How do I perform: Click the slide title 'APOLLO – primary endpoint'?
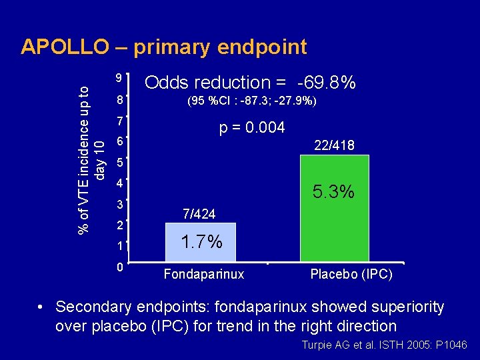(164, 47)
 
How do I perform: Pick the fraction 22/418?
(334, 145)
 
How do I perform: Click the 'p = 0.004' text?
(253, 127)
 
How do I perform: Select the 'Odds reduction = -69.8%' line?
(250, 83)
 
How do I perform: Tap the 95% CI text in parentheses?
(251, 102)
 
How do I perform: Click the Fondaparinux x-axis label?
(204, 274)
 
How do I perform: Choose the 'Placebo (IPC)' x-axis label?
(351, 274)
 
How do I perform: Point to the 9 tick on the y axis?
(117, 77)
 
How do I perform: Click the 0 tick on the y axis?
(117, 268)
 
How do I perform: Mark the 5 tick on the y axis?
(119, 162)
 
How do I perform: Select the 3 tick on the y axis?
(118, 203)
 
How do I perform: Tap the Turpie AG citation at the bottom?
(385, 345)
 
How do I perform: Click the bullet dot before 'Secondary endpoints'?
(41, 307)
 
